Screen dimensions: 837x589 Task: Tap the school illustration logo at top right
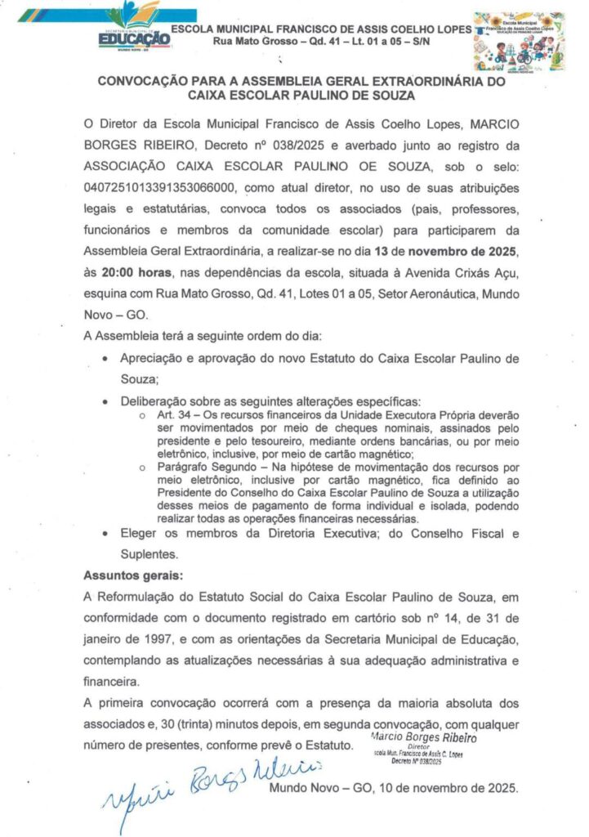pos(519,41)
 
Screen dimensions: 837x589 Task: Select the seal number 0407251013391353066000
pos(158,186)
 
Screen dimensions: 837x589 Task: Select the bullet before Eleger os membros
pos(105,533)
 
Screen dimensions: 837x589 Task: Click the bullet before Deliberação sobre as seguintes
pos(105,401)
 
